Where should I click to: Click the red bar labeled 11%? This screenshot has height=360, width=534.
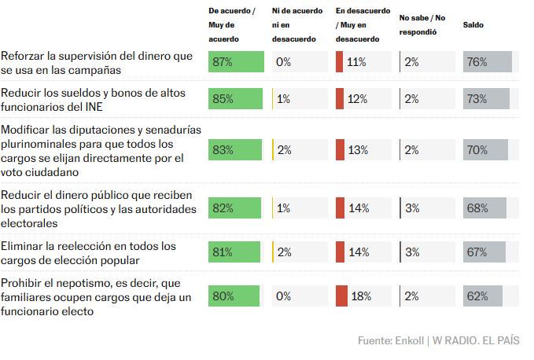point(339,62)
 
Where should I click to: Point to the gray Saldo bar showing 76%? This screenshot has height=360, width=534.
point(488,62)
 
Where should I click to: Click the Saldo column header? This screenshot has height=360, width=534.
point(473,24)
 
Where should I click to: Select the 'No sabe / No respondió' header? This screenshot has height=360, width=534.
point(423,24)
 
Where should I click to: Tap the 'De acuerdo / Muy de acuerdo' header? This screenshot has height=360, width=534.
point(232,24)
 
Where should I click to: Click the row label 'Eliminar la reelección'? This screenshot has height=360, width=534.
point(88,252)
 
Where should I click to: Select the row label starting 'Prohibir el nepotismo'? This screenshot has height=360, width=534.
point(95,296)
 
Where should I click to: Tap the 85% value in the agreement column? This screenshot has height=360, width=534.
point(223,99)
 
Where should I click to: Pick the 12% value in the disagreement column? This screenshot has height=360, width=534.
point(357,99)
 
